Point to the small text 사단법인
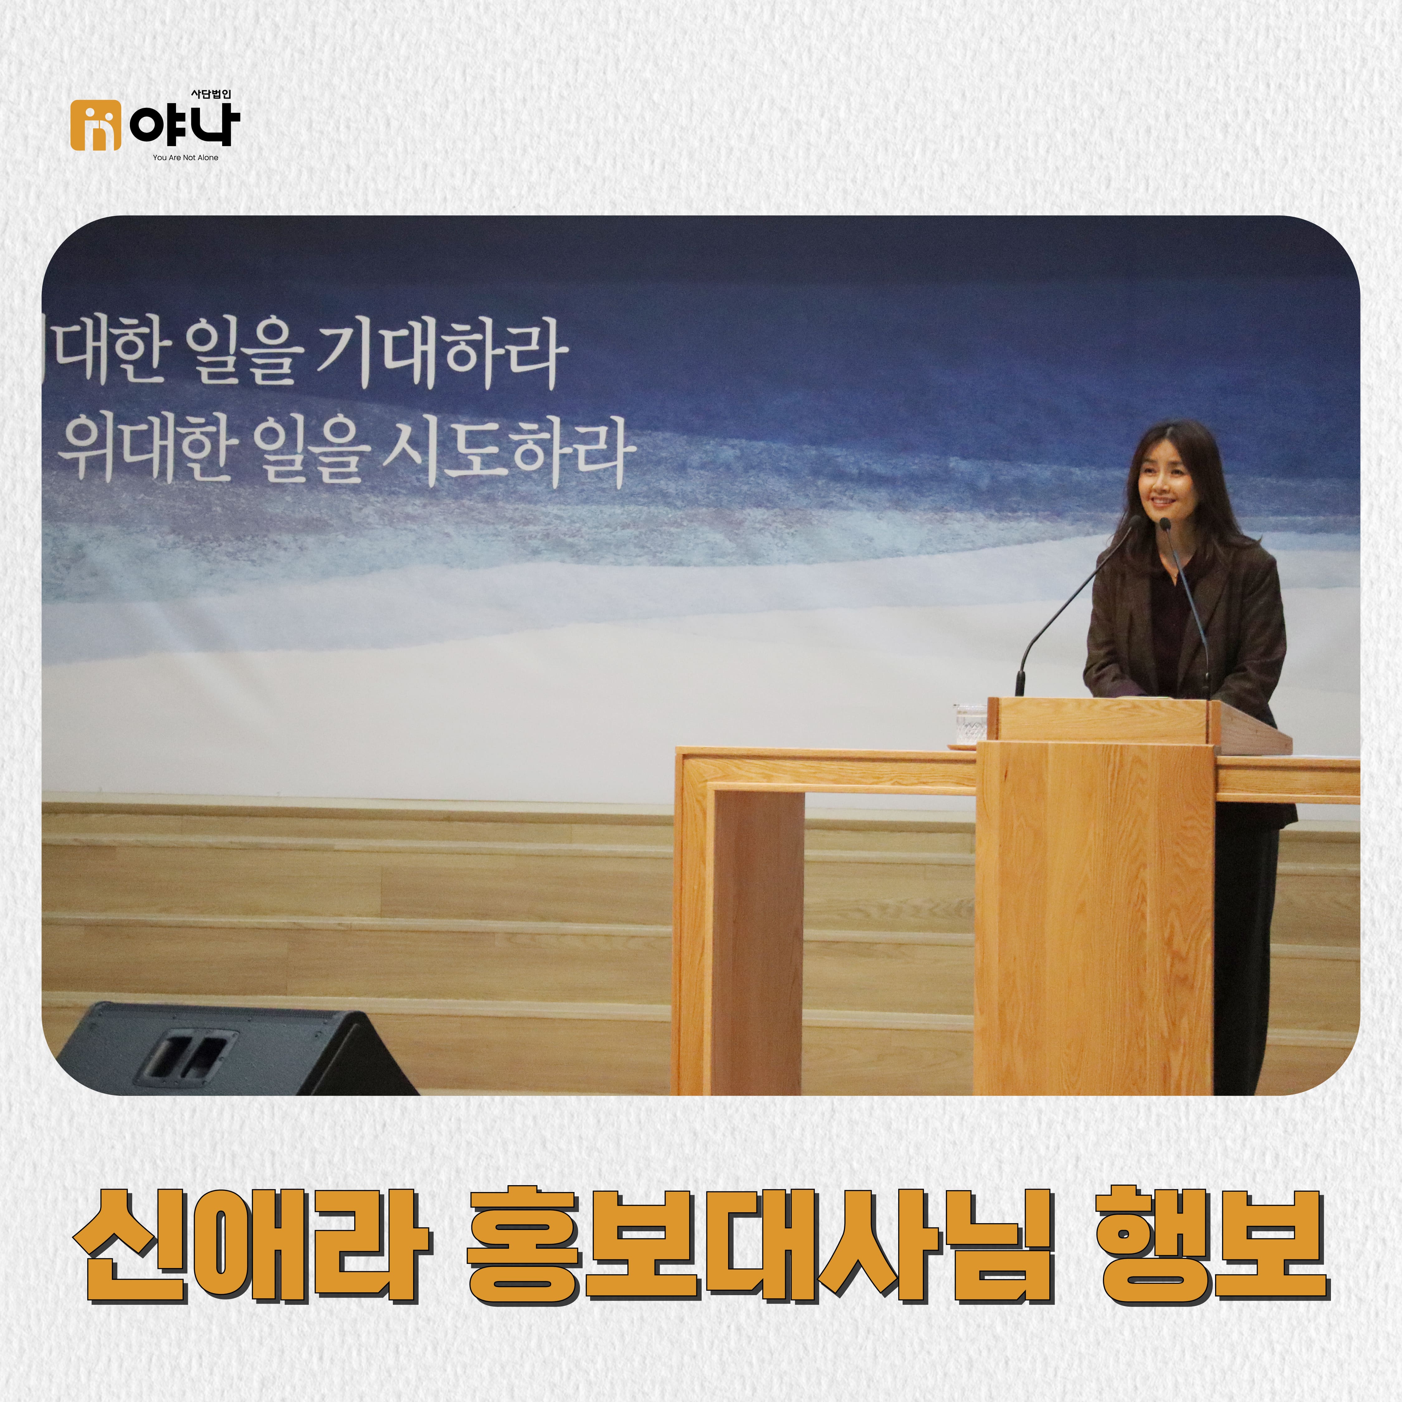[x=210, y=94]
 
